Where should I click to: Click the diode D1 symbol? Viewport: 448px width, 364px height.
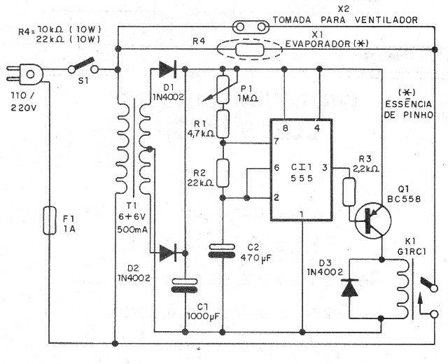[x=167, y=69]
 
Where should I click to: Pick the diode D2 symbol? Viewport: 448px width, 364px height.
[x=167, y=251]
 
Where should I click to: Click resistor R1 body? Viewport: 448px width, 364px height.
[x=224, y=123]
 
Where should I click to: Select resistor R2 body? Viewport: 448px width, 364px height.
[x=224, y=172]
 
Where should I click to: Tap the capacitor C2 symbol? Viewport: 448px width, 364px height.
[x=224, y=251]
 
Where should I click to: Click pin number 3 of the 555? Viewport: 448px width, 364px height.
[x=325, y=168]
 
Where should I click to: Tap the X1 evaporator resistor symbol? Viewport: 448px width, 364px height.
[x=249, y=50]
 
